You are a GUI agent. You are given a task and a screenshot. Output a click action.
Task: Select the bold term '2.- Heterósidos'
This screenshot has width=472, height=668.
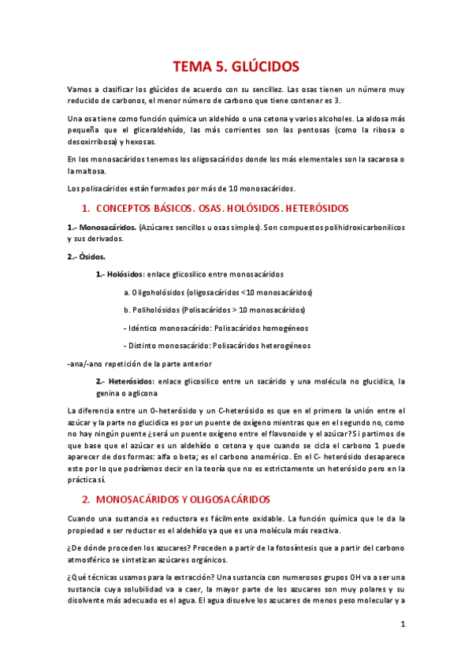coord(125,381)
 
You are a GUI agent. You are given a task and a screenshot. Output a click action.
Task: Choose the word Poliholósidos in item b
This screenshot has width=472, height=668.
coord(160,310)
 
